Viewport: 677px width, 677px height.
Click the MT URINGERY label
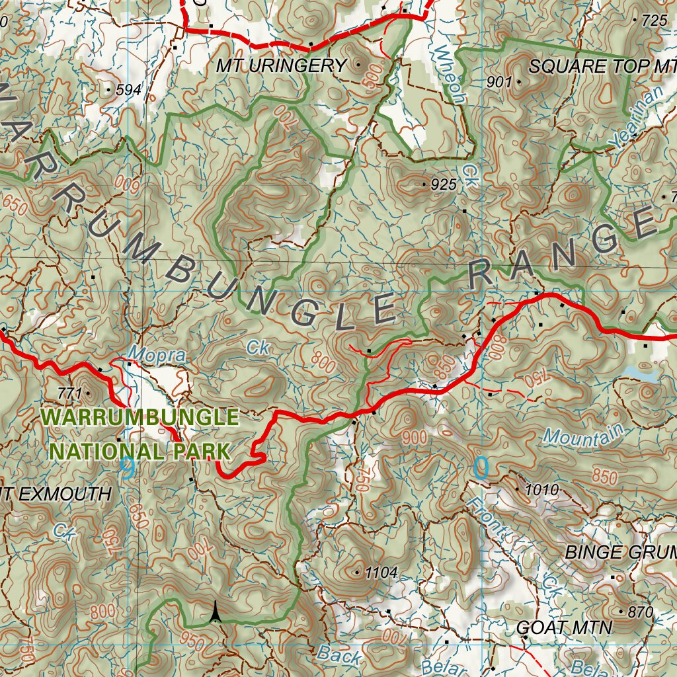tap(281, 65)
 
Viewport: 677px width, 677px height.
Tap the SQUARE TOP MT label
tap(602, 66)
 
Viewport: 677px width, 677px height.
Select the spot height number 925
tap(443, 185)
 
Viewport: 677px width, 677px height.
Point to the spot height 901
tap(499, 82)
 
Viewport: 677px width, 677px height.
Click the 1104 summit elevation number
tap(381, 573)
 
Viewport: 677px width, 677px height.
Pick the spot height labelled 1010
tap(541, 490)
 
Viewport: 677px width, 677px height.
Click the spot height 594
tap(128, 90)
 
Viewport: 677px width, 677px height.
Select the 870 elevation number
tap(640, 612)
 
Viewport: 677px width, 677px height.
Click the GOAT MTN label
tap(564, 627)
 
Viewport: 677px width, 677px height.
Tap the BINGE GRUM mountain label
tap(620, 552)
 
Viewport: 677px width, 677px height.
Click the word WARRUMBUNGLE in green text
tap(139, 418)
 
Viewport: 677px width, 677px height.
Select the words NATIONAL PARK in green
tap(139, 452)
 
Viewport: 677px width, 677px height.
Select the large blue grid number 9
tap(127, 468)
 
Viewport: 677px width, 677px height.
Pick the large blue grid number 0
tap(481, 468)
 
